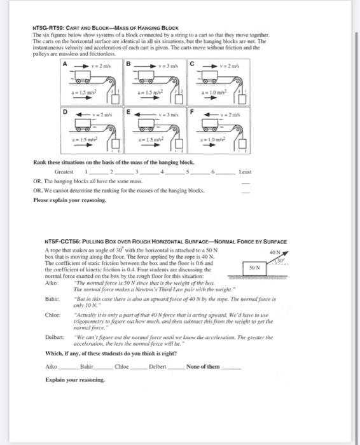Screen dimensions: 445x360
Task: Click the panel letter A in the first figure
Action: coord(64,64)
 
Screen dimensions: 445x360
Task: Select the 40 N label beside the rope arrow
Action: coord(275,253)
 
